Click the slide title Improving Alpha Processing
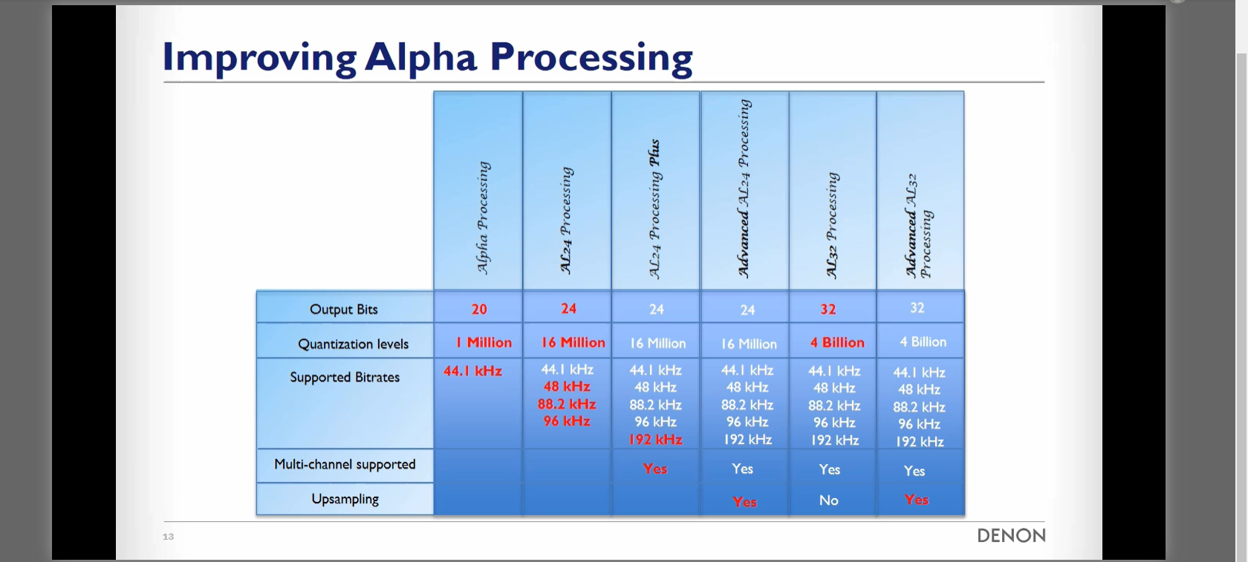(427, 58)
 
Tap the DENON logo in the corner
(1011, 536)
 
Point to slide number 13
(168, 536)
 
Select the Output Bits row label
(344, 309)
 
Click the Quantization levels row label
(354, 344)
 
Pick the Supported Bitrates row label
(345, 377)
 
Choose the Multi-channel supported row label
(345, 465)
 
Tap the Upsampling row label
(345, 499)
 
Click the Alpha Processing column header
(483, 218)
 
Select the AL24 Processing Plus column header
(654, 209)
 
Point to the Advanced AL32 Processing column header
(918, 226)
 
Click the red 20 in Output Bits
(479, 309)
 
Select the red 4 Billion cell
(837, 342)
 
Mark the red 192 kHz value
(655, 440)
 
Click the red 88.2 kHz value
(567, 404)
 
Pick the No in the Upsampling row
(829, 500)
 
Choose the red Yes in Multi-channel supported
(654, 469)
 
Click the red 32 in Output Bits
(828, 309)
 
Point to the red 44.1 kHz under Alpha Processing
(472, 371)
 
